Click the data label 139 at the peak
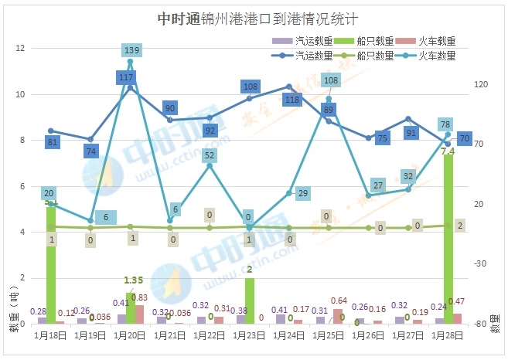[131, 50]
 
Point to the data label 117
[126, 77]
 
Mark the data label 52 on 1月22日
[210, 155]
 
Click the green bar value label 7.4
[448, 152]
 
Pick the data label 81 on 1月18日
[53, 142]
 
